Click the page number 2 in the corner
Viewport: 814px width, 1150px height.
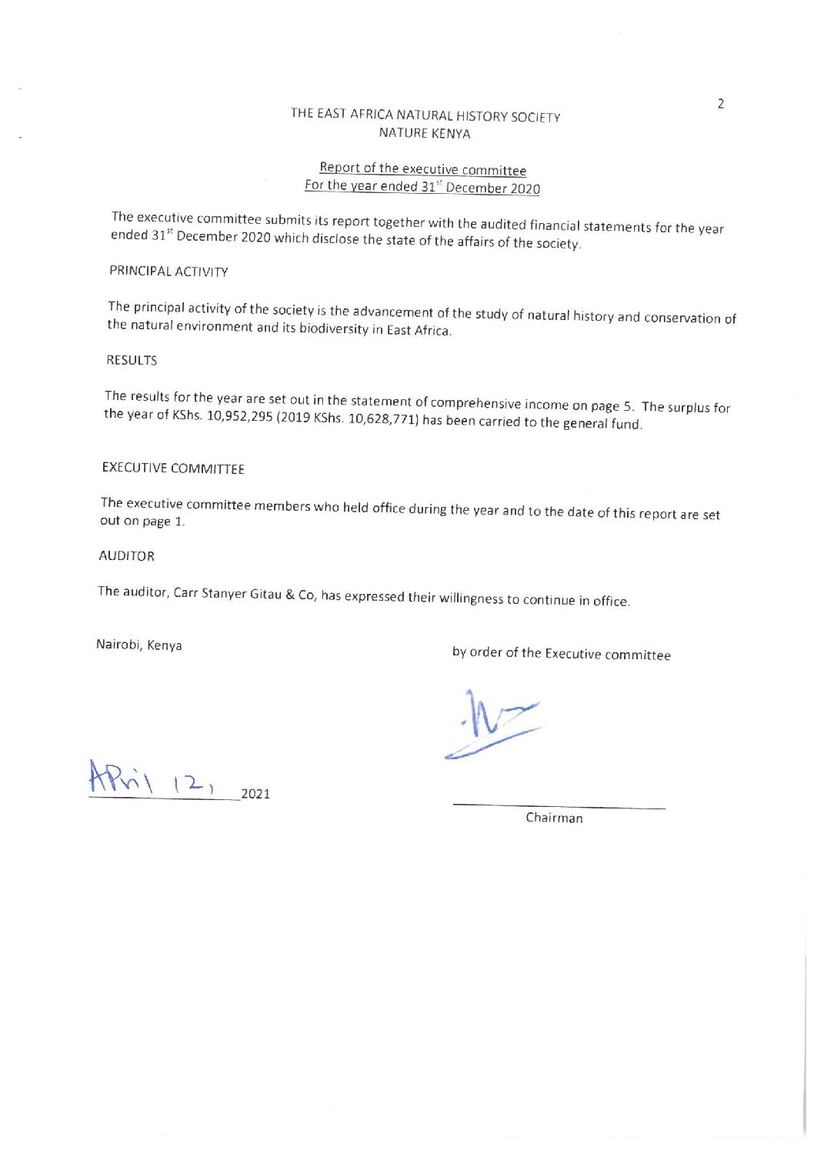click(x=720, y=104)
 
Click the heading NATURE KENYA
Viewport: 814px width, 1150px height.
click(x=424, y=133)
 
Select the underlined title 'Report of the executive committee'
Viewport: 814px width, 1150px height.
click(x=422, y=169)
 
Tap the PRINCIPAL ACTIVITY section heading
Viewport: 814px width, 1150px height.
click(x=168, y=272)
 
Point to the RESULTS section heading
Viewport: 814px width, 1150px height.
click(x=132, y=360)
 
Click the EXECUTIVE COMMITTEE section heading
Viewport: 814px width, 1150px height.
click(x=173, y=468)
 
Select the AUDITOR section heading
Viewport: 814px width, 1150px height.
click(x=126, y=555)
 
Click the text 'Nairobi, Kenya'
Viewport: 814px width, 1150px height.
click(x=138, y=645)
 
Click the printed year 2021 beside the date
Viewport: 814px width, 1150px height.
click(x=255, y=794)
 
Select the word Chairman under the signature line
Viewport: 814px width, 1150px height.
click(x=554, y=818)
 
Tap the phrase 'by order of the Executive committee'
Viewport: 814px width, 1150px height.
click(x=561, y=654)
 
